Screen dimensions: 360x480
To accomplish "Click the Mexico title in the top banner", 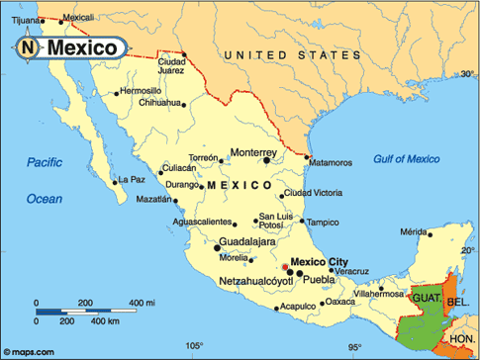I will point(84,46).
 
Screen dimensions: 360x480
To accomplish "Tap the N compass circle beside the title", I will point(30,46).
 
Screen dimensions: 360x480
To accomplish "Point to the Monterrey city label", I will point(253,152).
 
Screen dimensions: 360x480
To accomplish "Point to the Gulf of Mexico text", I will point(406,158).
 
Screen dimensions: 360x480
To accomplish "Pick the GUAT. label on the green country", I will point(426,297).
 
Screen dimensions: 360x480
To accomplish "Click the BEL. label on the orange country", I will point(456,301).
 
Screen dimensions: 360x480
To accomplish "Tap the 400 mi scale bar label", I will point(144,302).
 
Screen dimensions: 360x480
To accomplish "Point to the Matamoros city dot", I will point(308,158).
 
